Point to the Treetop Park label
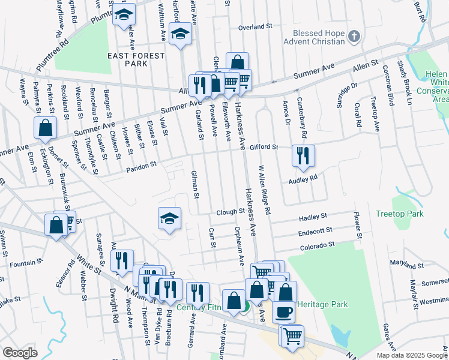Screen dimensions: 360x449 399,214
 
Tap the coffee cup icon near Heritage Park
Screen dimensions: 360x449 283,311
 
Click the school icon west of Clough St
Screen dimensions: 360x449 170,218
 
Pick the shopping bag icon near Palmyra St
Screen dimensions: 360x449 45,127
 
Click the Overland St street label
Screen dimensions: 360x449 255,27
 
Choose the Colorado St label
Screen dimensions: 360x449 317,246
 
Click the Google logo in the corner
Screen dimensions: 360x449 20,353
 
